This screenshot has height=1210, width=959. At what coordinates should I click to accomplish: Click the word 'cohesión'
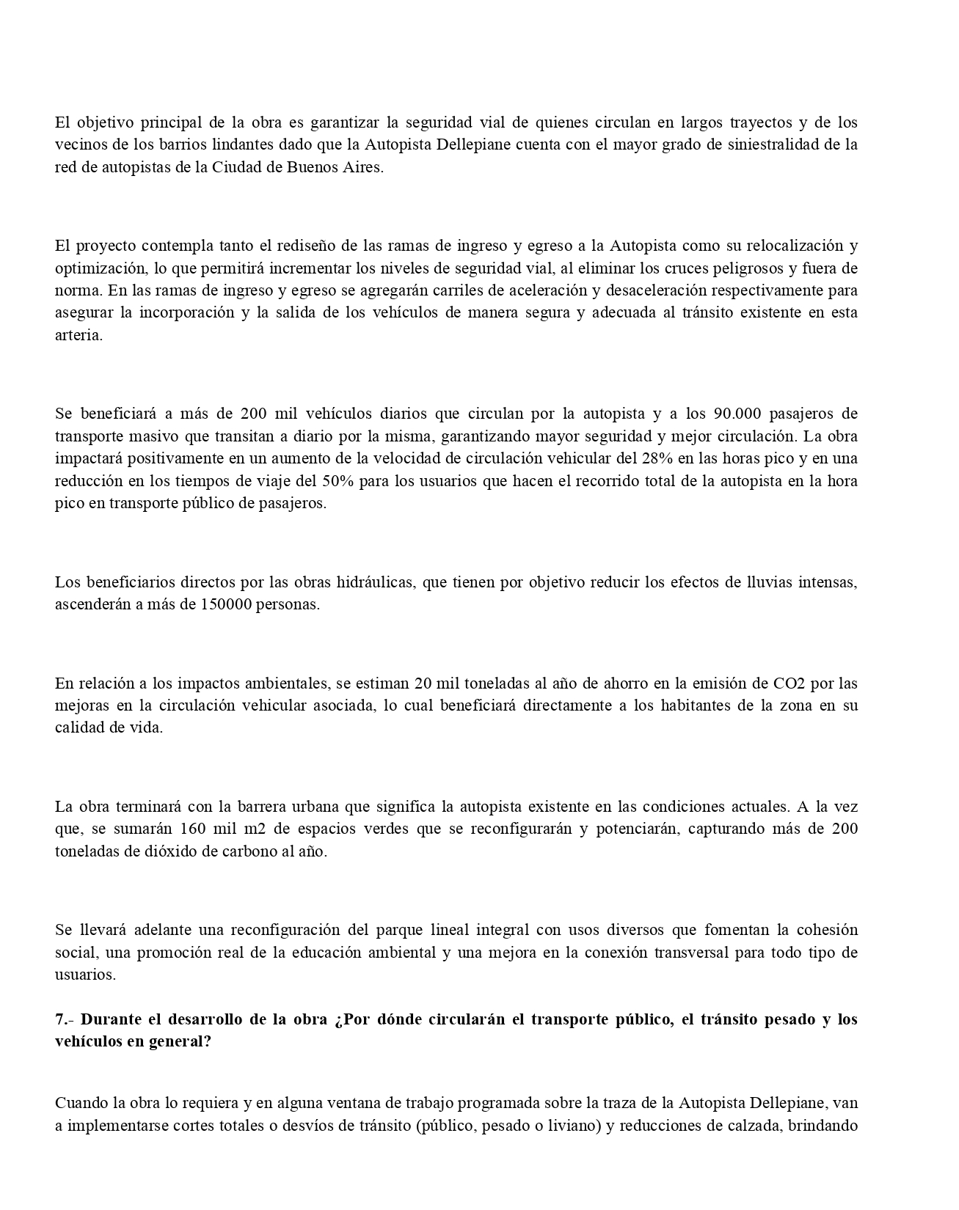tap(825, 931)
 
